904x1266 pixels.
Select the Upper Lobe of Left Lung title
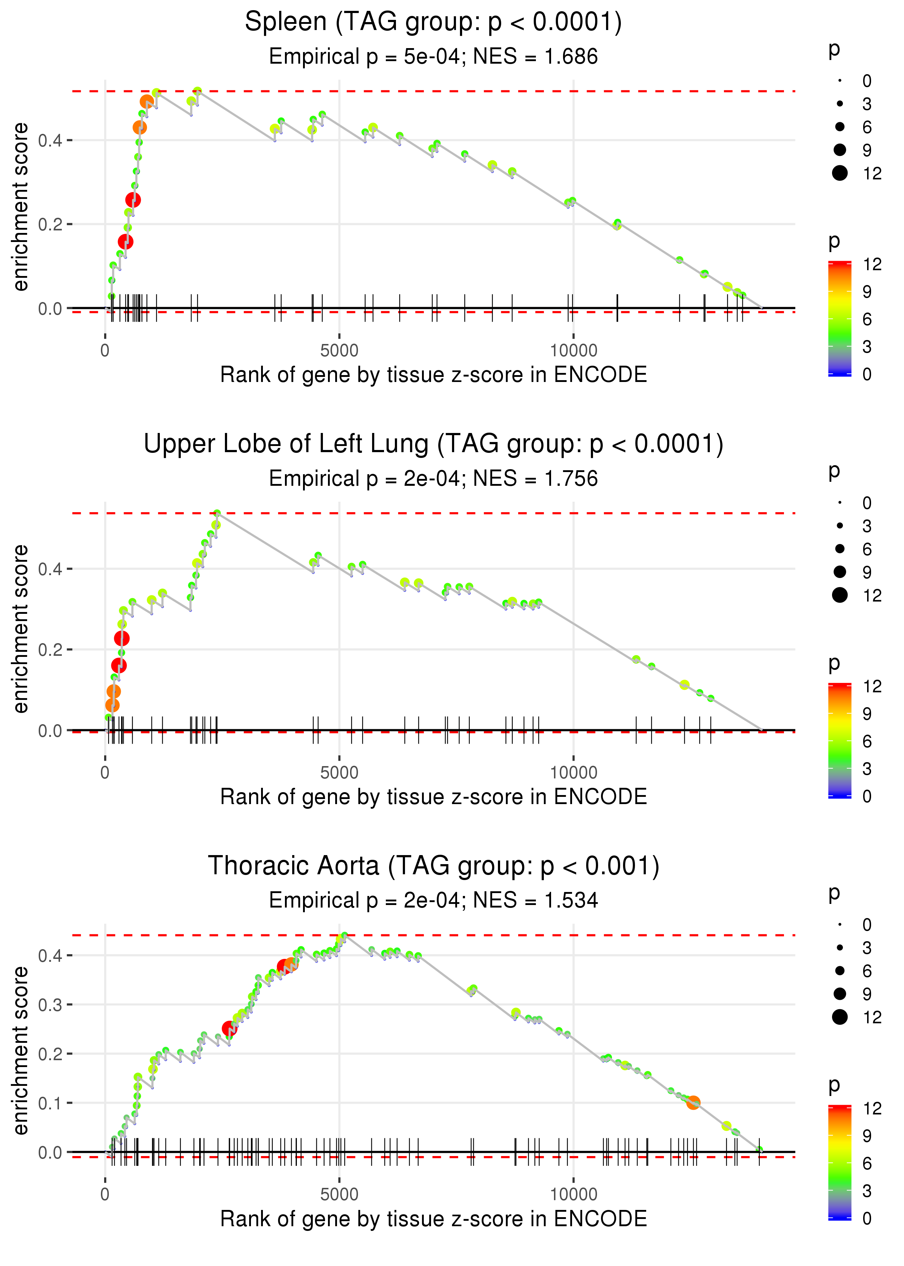click(x=433, y=444)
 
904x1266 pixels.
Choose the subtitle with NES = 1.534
click(x=433, y=901)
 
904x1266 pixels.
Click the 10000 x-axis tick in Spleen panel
click(x=573, y=351)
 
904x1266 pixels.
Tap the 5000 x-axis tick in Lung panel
click(x=339, y=773)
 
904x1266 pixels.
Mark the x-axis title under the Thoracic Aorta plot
click(x=433, y=1219)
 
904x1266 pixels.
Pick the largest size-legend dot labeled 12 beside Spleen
click(x=839, y=173)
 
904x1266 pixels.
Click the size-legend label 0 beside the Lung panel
click(x=867, y=503)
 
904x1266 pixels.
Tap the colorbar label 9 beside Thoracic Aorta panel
click(x=867, y=1136)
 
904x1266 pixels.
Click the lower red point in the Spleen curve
click(x=125, y=242)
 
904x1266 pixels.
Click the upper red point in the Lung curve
click(x=122, y=638)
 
